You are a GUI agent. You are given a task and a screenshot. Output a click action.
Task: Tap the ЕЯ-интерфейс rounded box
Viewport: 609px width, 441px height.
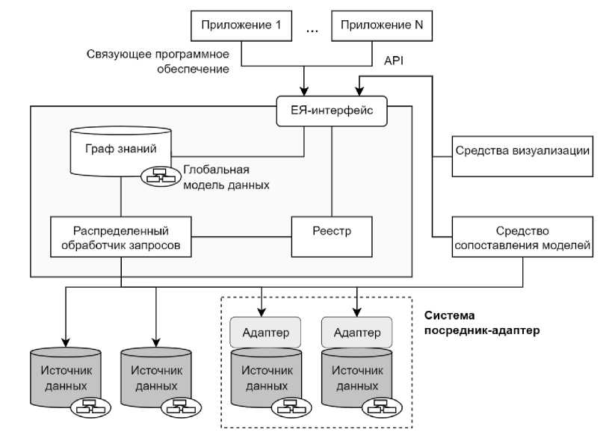[x=332, y=111]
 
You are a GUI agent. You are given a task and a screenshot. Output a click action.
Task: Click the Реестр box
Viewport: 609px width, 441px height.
[x=331, y=236]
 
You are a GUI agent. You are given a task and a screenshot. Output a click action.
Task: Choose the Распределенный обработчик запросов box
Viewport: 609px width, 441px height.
[x=121, y=236]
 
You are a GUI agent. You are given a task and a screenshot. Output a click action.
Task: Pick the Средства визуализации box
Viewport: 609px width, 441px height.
[x=522, y=155]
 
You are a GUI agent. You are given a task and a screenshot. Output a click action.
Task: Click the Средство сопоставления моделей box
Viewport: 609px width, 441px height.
[x=522, y=237]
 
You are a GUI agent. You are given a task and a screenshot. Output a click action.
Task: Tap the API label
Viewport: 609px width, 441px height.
[x=394, y=61]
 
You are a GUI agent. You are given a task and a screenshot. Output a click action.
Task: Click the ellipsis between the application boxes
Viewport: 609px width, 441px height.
[x=312, y=28]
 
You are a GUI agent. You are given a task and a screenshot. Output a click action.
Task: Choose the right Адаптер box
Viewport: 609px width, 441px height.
[x=356, y=332]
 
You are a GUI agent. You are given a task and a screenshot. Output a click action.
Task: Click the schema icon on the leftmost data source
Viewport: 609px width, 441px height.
[x=90, y=407]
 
